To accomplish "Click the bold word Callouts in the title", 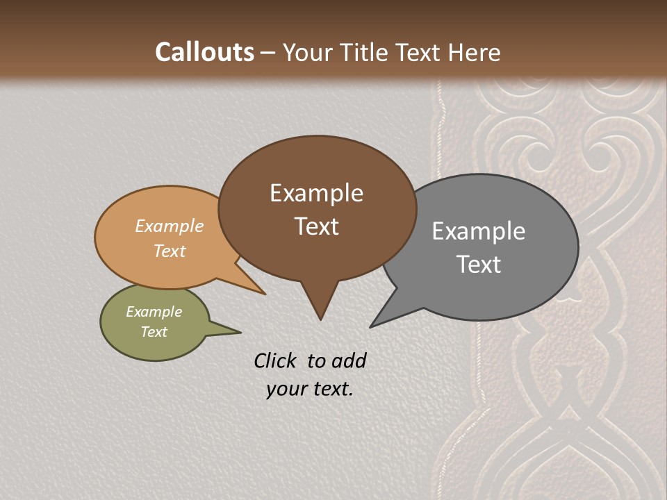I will pos(205,52).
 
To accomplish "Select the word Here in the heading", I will pos(475,52).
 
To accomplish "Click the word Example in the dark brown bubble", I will pos(316,193).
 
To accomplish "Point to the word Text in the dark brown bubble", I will pos(317,226).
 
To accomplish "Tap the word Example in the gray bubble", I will pos(479,231).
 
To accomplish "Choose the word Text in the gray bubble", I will pos(479,265).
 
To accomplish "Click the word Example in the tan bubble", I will pos(170,226).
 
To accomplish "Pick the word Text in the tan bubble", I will pos(170,251).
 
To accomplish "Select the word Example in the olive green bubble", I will pos(154,312).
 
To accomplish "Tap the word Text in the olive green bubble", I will pos(154,332).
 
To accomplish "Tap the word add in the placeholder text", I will pos(349,360).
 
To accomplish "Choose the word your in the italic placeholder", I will pos(285,389).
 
